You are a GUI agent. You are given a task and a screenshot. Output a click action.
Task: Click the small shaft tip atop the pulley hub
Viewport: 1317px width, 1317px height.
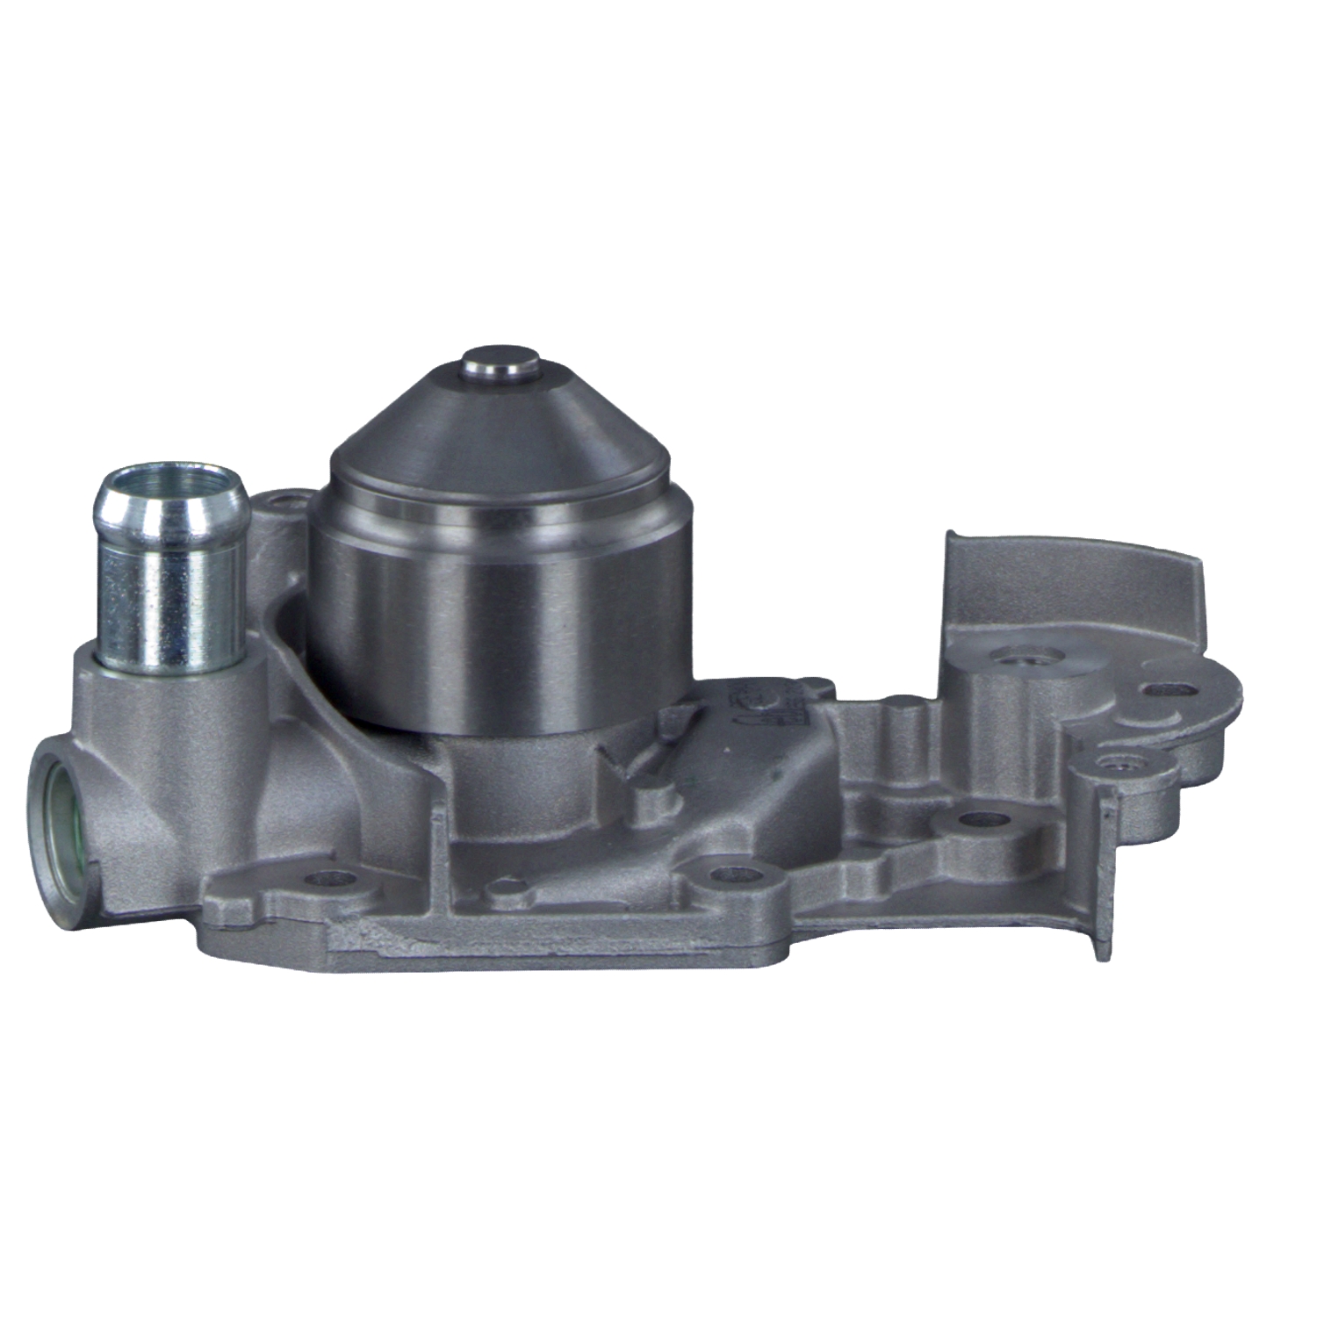(500, 363)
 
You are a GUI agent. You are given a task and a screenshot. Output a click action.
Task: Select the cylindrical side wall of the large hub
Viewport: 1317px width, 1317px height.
(500, 615)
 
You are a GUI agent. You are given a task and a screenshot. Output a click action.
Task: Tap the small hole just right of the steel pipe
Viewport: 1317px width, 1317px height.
(283, 504)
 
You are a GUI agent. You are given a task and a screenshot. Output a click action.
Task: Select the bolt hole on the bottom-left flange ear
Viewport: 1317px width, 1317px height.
(333, 876)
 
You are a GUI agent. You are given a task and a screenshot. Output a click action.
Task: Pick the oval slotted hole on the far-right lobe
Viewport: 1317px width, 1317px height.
(1168, 690)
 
